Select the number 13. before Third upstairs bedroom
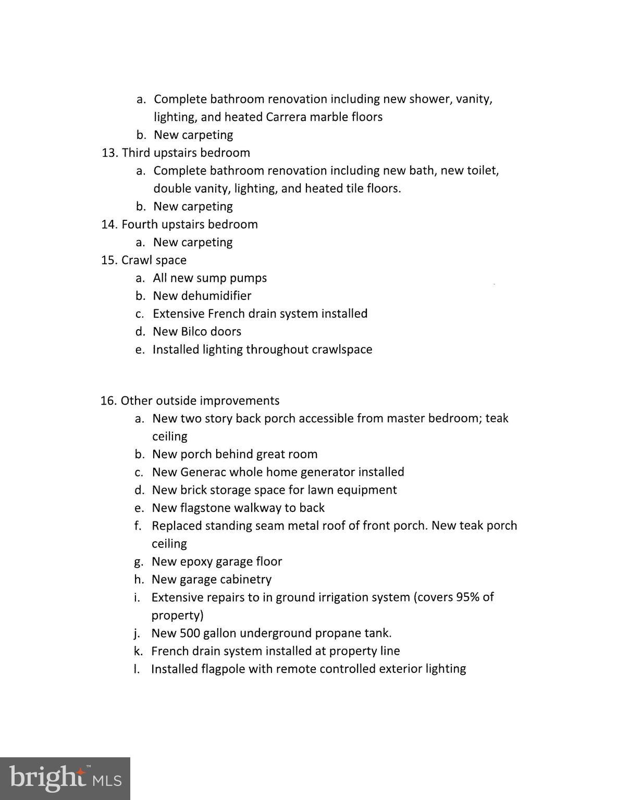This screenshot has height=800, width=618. (110, 153)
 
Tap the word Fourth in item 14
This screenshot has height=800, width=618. (138, 224)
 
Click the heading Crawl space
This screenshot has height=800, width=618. (154, 260)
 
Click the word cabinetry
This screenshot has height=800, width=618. (245, 579)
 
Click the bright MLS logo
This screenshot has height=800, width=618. (65, 779)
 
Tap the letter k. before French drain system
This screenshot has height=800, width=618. (139, 651)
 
